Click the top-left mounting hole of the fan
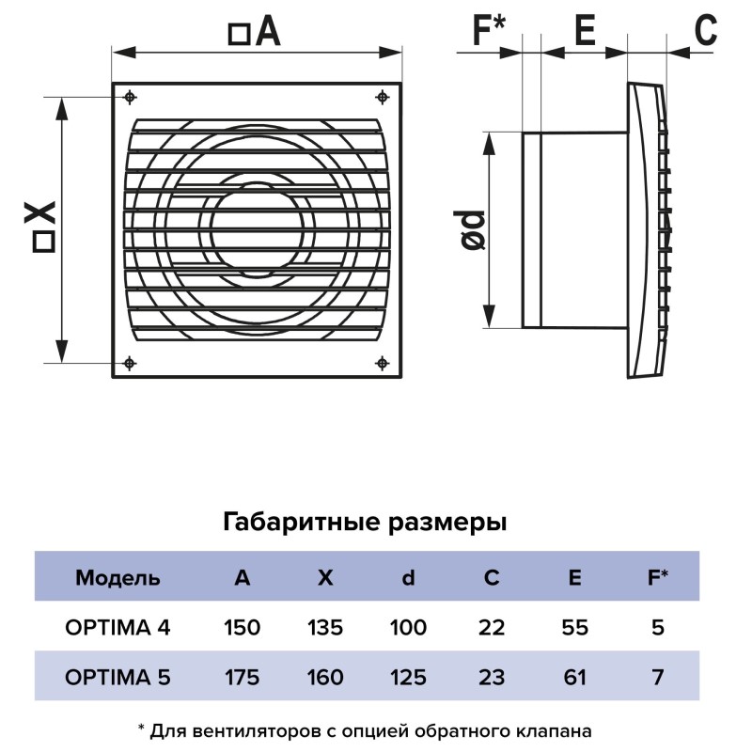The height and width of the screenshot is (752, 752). point(130,98)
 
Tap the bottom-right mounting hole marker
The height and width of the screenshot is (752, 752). point(382,363)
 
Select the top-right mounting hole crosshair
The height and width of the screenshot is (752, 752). point(382,98)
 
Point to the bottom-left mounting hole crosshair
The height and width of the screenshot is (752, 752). point(130,363)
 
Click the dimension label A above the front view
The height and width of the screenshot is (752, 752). point(254,32)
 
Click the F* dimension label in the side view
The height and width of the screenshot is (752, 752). point(489,29)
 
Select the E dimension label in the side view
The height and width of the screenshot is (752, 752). point(585,30)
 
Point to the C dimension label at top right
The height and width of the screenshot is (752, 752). point(706,30)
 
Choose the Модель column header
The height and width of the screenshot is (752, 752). point(117,578)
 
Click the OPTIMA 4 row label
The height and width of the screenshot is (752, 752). point(117,627)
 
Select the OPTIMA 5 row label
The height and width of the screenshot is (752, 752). point(117,677)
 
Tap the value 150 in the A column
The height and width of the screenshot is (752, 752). point(243,627)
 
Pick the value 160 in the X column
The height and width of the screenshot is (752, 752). point(325,677)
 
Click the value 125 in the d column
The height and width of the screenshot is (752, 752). point(408,677)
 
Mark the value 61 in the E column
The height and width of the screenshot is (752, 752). point(574,677)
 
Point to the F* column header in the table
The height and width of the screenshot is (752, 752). point(657,577)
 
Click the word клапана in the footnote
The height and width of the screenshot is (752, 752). point(554,731)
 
